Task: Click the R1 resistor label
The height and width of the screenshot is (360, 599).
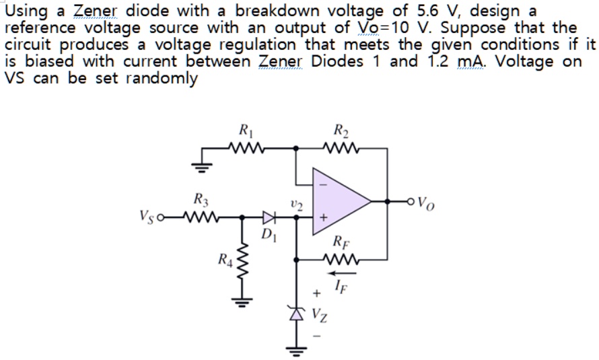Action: pos(245,131)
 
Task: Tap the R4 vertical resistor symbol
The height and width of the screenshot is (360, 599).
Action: pos(238,265)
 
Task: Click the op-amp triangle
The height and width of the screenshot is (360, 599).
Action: pos(340,201)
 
